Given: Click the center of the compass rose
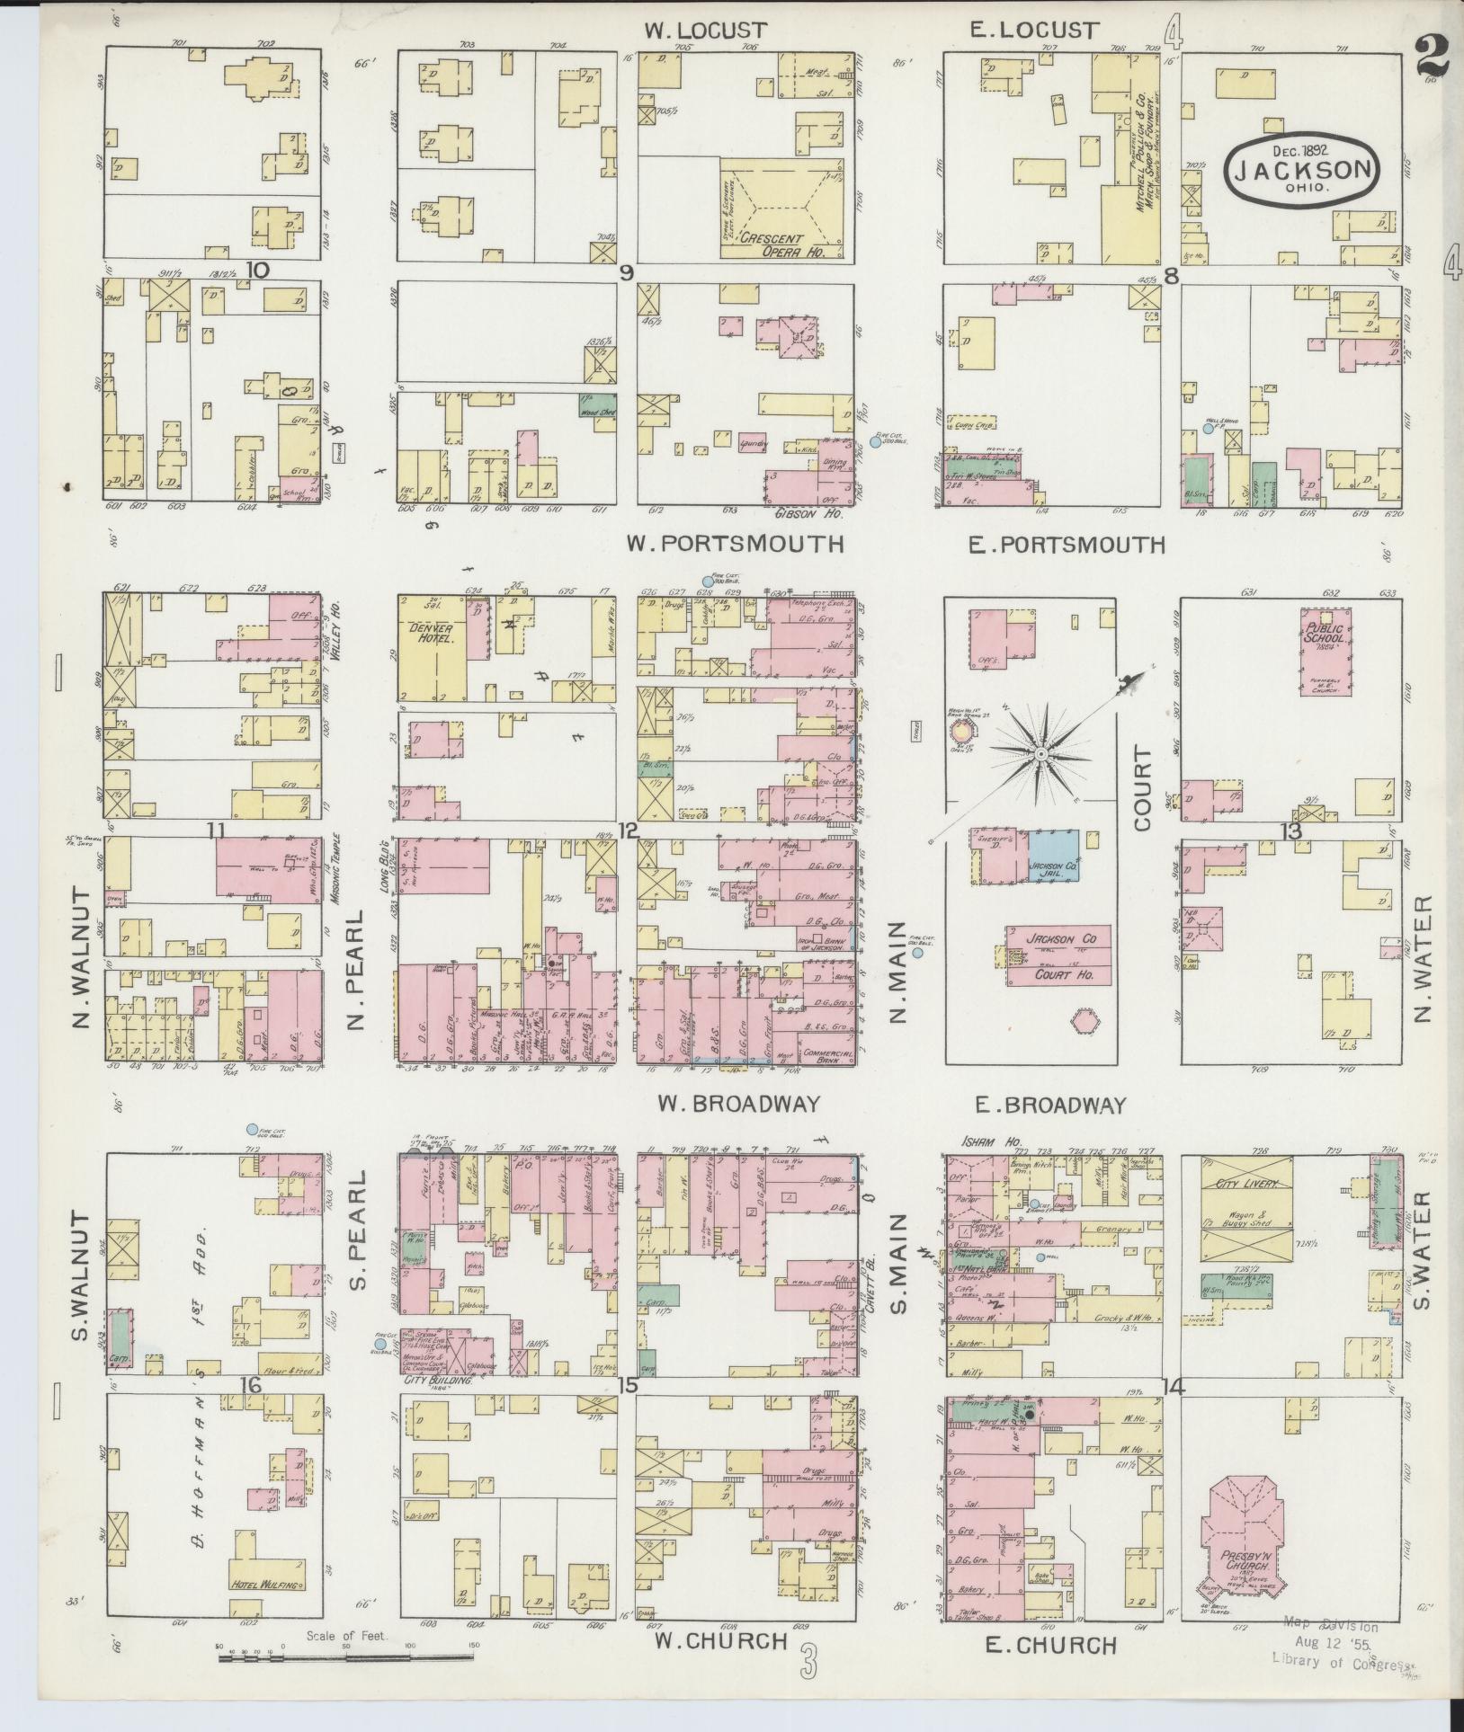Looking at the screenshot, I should point(1040,753).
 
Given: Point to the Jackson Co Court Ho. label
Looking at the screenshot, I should point(1058,956).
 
